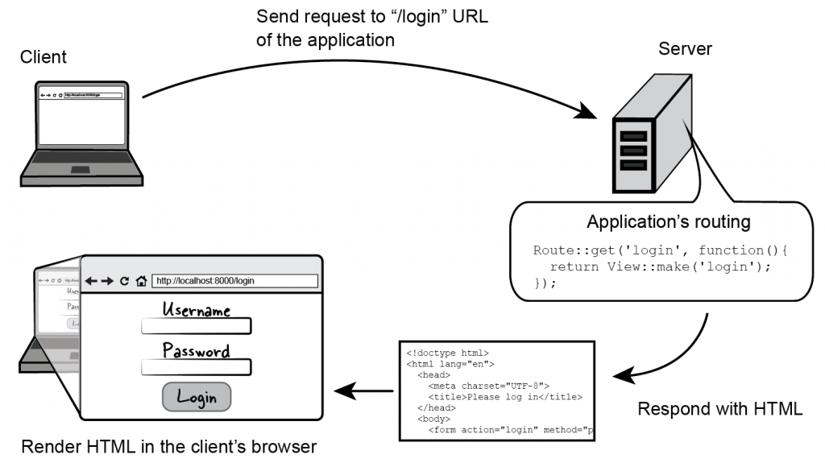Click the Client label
(x=44, y=57)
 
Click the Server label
(x=686, y=48)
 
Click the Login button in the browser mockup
(x=197, y=397)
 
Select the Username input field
(x=197, y=326)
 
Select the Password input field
(x=197, y=367)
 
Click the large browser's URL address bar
(x=234, y=281)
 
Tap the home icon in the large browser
(x=141, y=281)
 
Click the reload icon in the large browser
(x=124, y=281)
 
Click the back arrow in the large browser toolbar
(x=92, y=281)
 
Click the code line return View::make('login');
(x=661, y=266)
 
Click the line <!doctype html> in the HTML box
(x=447, y=353)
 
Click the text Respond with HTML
(x=719, y=408)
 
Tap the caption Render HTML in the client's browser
(x=168, y=446)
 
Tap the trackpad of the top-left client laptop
(x=81, y=170)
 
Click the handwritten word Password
(x=197, y=351)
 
